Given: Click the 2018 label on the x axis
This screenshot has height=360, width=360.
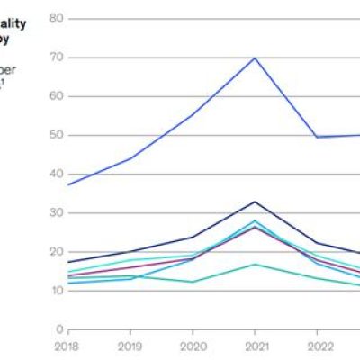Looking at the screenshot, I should click(67, 345).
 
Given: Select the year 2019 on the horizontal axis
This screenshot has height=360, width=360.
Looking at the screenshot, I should click(130, 345).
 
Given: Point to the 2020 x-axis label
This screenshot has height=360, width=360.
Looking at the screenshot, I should click(193, 345).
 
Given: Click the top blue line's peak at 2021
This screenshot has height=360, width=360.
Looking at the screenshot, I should click(256, 58).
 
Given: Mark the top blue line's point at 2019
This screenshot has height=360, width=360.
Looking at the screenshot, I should click(130, 158).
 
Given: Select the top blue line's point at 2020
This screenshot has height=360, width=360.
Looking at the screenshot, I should click(193, 114).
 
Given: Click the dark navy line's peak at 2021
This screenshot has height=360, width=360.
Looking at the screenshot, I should click(256, 202).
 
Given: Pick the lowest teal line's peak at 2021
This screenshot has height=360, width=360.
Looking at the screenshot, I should click(256, 265).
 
